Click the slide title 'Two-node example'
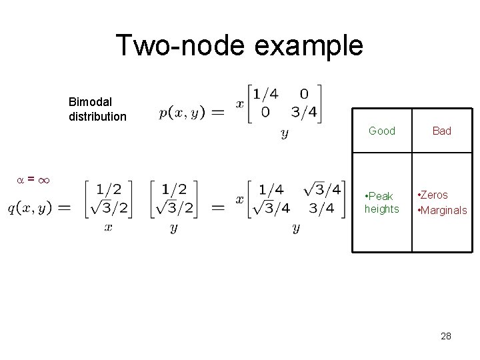[239, 46]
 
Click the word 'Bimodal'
[90, 103]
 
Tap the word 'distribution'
[97, 117]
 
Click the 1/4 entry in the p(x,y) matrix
[265, 94]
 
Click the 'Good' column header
[382, 131]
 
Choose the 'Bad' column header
[441, 131]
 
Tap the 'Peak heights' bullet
[381, 203]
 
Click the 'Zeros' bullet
[433, 195]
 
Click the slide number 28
[446, 336]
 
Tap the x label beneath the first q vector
[109, 227]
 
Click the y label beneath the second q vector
[173, 228]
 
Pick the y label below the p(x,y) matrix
[285, 134]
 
